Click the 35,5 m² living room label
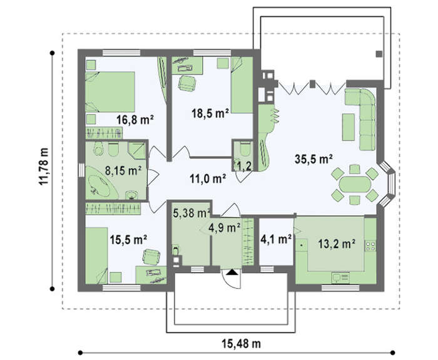coord(313,159)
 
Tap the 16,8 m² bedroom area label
coord(135,120)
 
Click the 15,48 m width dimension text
coord(242,344)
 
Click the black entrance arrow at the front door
coord(232,272)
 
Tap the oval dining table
coord(355,184)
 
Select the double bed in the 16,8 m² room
coord(110,92)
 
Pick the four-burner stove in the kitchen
coord(370,246)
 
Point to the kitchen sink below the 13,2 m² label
coord(340,277)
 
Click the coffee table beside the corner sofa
coord(349,127)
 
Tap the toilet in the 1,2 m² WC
coord(245,149)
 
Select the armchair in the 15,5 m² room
coord(151,257)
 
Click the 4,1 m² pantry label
coord(276,239)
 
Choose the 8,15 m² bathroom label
coord(123,170)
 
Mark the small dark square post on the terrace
coord(379,54)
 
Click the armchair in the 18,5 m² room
coord(187,83)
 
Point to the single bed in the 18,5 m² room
coord(242,85)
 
